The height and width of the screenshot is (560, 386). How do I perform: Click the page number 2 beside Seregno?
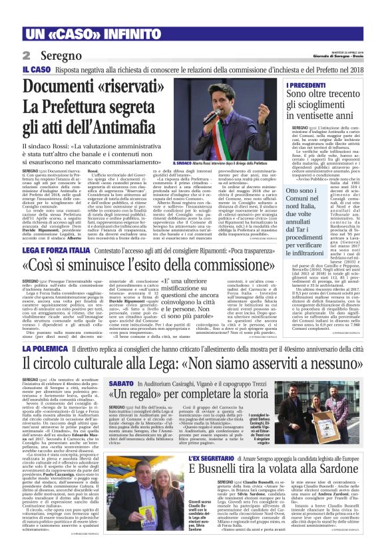[x=27, y=57]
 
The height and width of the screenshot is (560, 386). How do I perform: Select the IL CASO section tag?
[x=36, y=69]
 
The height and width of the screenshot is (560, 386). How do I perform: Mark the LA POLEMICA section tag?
[x=43, y=349]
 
